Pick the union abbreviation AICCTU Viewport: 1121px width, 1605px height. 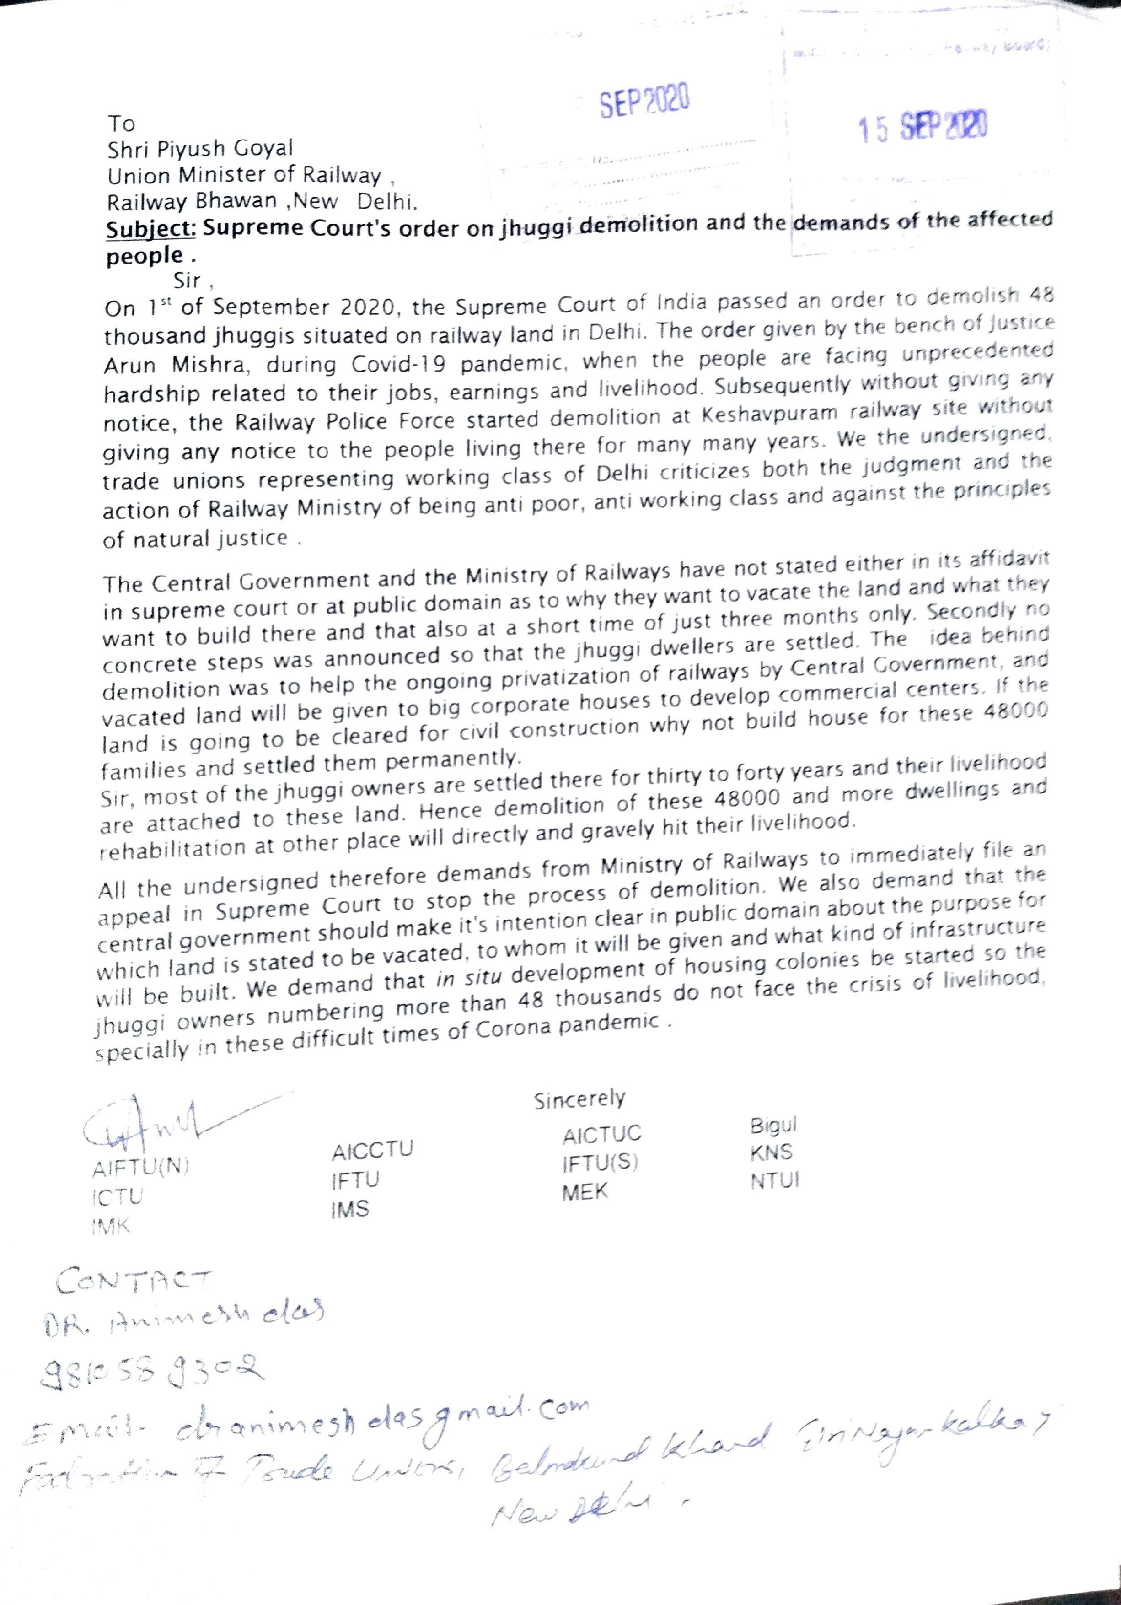(x=372, y=1149)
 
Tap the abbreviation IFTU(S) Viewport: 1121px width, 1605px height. (x=601, y=1163)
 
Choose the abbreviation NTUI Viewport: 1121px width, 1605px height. (x=774, y=1181)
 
